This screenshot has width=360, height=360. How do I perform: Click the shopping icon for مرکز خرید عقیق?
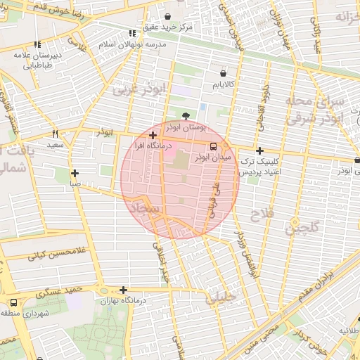click(167, 16)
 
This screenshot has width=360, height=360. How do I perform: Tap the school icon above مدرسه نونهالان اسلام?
click(132, 33)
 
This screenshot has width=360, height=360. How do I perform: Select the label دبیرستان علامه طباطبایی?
click(35, 60)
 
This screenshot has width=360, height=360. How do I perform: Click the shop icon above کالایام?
click(223, 72)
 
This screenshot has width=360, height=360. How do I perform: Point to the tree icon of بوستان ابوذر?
click(186, 117)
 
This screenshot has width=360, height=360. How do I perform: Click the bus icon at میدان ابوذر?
click(213, 146)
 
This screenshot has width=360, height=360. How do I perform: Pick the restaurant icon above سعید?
click(55, 134)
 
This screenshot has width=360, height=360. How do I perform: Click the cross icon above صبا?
click(75, 173)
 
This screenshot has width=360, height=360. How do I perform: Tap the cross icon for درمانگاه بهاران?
click(123, 290)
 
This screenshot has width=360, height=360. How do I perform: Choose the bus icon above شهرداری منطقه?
click(13, 302)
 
